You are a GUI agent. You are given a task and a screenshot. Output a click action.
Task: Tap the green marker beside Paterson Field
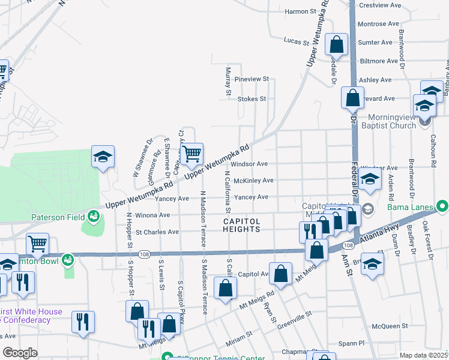[93, 215]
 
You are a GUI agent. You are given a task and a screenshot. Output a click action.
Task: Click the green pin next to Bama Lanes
[442, 208]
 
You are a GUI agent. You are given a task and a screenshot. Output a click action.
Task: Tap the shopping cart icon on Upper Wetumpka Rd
[191, 155]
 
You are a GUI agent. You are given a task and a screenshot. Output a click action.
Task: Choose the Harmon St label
[300, 11]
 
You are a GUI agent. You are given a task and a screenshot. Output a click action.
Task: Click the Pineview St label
[252, 79]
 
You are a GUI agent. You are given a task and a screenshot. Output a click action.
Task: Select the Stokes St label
[252, 98]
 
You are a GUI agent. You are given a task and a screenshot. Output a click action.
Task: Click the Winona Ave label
[148, 215]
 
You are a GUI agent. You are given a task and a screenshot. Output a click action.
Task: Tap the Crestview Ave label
[379, 5]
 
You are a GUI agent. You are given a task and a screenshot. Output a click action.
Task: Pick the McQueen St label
[390, 326]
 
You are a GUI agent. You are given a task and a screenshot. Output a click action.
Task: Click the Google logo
[20, 353]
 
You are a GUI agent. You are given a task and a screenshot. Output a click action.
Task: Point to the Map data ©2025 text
[423, 355]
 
